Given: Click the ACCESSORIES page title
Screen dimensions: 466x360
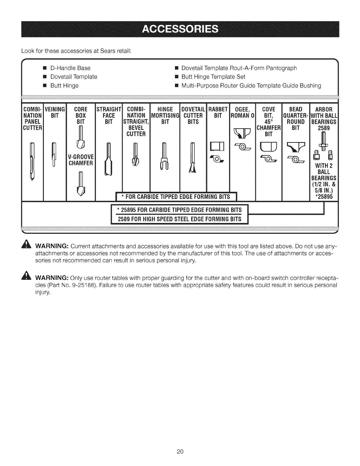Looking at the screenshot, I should coord(180,29).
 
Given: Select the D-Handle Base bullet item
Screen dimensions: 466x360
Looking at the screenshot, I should coord(70,68).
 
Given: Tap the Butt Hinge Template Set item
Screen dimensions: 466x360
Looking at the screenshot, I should coord(213,77).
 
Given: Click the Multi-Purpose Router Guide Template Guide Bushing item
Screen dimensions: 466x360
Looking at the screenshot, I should coord(251,86).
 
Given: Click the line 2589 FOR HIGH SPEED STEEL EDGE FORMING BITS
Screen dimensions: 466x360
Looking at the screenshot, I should coord(179,219).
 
